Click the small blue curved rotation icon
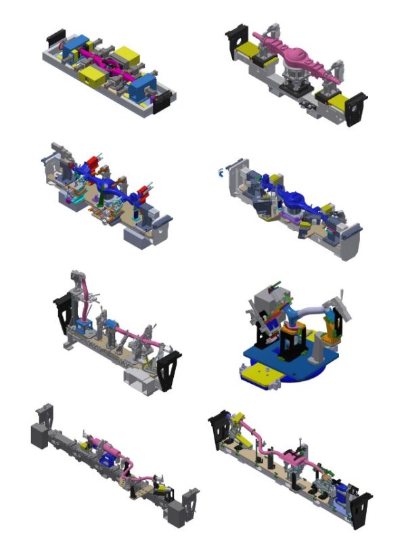(x=220, y=172)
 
